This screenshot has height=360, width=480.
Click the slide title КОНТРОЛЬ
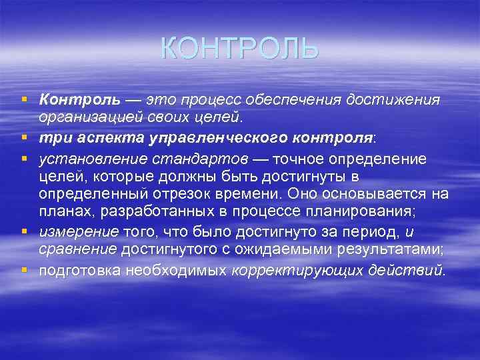[x=240, y=49]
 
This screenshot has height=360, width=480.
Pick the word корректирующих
[x=285, y=271]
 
